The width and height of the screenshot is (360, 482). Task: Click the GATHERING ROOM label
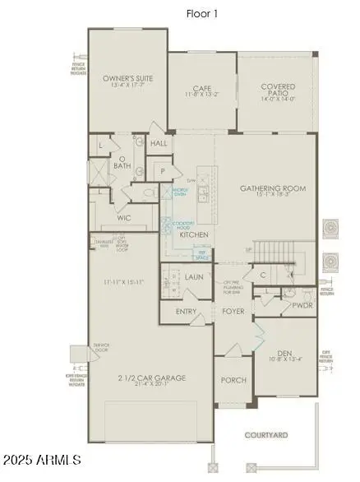[272, 188]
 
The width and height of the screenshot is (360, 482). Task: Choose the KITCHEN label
[194, 234]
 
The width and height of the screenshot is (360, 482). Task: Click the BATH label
[122, 165]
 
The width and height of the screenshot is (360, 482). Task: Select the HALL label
[159, 143]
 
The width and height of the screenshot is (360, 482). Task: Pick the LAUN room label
[195, 277]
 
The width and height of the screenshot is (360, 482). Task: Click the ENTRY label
[186, 312]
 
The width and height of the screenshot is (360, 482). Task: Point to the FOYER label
[233, 312]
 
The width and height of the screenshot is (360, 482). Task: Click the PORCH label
[233, 380]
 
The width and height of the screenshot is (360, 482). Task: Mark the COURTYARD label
[265, 433]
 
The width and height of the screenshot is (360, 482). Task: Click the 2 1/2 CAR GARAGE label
[150, 378]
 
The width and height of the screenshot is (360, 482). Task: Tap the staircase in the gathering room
[274, 252]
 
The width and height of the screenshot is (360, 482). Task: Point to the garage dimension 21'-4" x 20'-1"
[150, 387]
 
